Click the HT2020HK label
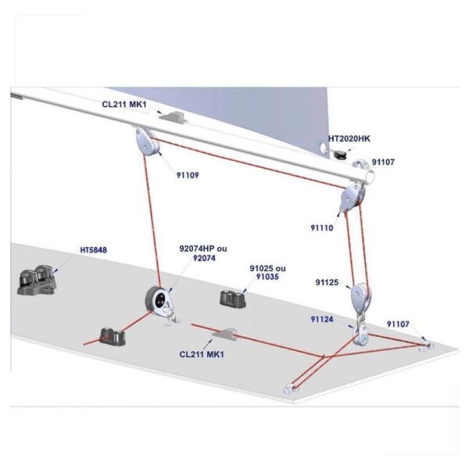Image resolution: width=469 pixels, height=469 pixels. coord(349,139)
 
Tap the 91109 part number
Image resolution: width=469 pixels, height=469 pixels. coord(188,175)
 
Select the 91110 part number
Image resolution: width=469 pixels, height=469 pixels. coord(322,228)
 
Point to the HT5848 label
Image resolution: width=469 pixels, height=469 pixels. coord(93,250)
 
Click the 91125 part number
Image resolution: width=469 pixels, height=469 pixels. coord(327,282)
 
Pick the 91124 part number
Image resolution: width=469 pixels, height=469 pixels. coord(322,320)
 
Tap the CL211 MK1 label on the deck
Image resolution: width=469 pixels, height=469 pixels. coord(202,354)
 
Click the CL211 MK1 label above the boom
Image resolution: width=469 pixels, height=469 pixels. coord(124,105)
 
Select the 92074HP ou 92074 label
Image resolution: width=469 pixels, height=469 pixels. coord(203,253)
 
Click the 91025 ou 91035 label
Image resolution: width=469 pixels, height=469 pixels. coord(267,273)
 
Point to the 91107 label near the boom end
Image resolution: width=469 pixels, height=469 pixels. coord(383,162)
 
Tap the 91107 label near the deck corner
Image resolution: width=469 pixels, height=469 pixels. coord(398,324)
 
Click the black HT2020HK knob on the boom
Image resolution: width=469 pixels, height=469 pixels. coord(339,155)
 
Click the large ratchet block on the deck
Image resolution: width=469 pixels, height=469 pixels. coord(159,302)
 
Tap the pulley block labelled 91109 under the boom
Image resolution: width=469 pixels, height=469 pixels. coord(148,141)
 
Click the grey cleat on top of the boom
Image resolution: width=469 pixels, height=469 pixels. coord(174,116)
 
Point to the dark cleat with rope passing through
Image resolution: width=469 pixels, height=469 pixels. coord(112,337)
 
